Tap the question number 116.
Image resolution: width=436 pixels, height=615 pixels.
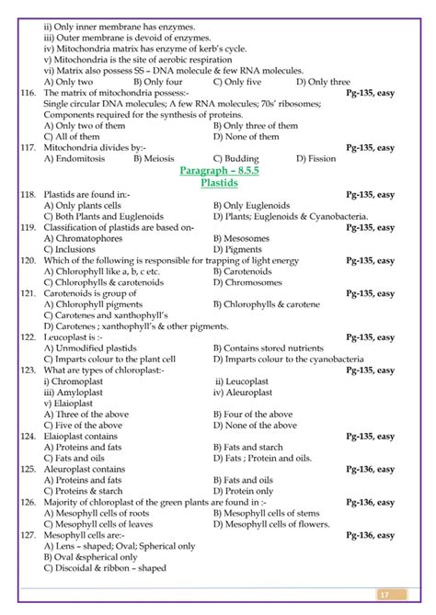(27, 93)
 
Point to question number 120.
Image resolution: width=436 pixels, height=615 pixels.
(27, 260)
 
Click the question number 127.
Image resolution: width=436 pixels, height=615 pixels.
(27, 534)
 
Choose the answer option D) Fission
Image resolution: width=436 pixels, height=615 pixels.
(321, 158)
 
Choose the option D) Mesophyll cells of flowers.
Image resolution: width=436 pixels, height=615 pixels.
(270, 526)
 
